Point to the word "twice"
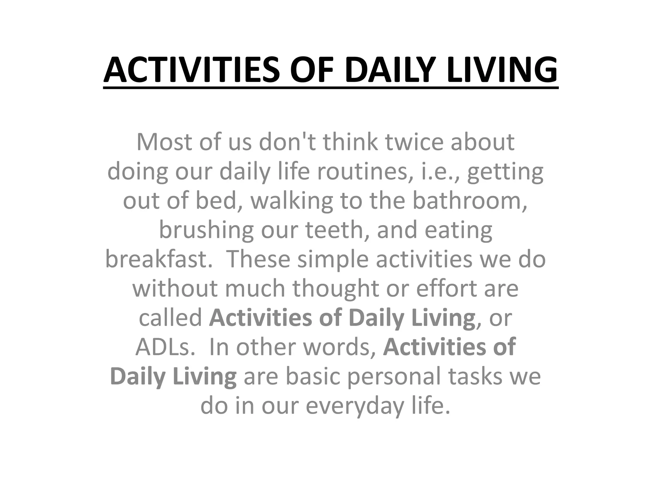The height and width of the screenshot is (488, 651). [x=414, y=142]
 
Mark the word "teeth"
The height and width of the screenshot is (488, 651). [x=337, y=230]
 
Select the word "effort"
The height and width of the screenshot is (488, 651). [x=446, y=288]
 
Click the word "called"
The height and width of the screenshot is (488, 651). [x=170, y=318]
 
